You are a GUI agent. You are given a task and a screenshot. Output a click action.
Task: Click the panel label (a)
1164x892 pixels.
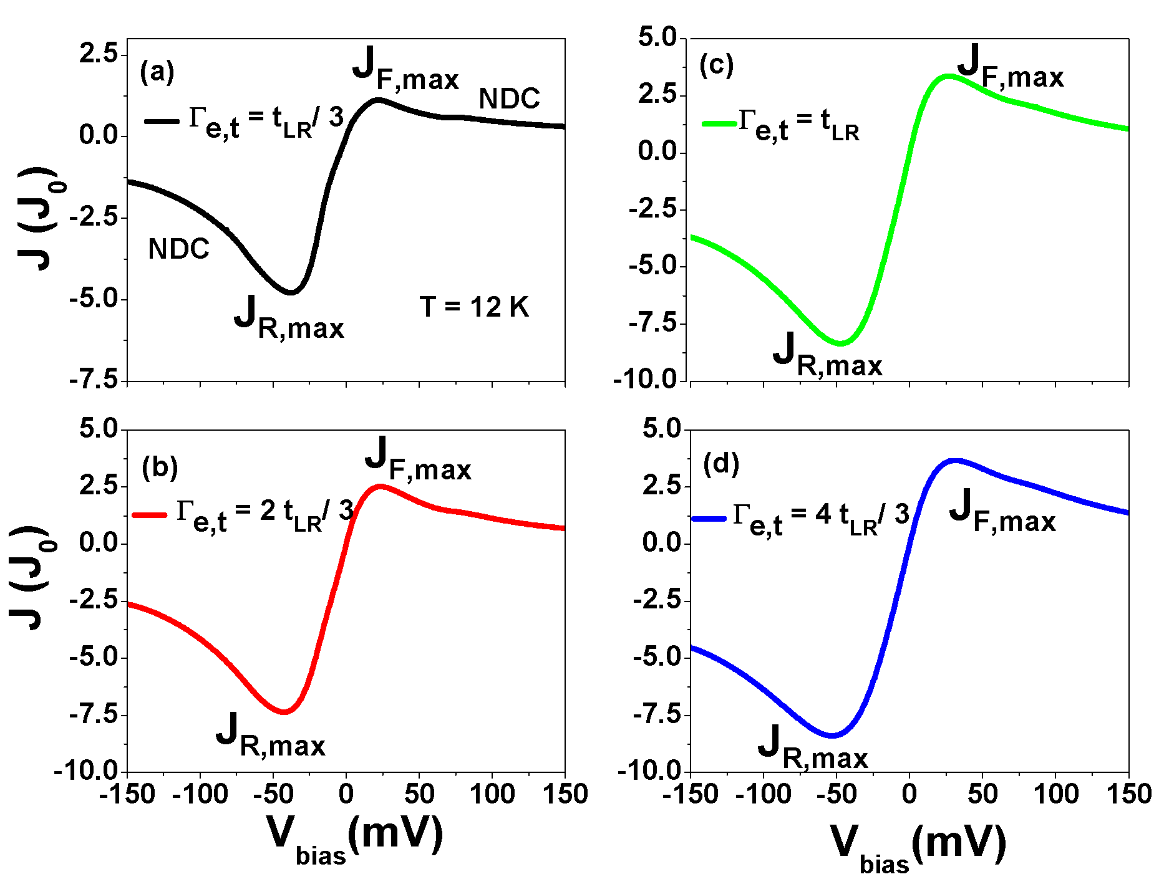click(157, 72)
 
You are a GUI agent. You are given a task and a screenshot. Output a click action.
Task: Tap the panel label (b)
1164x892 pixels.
click(160, 468)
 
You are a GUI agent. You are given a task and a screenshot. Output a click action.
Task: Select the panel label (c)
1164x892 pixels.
click(716, 65)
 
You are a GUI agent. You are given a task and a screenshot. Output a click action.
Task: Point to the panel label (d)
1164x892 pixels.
click(720, 464)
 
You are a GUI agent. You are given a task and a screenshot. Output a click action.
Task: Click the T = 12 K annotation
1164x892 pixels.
click(474, 307)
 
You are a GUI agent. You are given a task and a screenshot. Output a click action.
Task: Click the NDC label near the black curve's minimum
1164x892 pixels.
click(178, 249)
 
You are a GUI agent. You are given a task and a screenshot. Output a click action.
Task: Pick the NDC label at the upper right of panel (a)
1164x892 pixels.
click(509, 98)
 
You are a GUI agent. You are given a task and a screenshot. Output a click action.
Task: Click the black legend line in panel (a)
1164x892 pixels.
click(162, 120)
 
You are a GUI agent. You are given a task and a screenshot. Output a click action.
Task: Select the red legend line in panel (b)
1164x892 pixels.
click(150, 515)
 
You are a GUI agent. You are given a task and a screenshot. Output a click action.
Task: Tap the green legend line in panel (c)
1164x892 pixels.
click(719, 123)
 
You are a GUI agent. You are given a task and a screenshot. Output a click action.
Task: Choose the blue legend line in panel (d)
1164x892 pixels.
click(709, 519)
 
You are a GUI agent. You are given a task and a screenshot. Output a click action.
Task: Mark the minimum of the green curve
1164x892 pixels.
click(840, 343)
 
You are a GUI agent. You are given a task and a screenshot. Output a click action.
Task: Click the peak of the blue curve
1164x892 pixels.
click(955, 461)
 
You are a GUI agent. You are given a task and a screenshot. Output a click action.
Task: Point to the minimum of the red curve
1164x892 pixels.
click(284, 711)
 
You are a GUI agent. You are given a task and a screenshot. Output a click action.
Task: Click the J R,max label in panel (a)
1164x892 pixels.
click(289, 319)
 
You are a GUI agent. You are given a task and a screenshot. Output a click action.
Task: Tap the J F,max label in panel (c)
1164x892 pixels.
click(1010, 69)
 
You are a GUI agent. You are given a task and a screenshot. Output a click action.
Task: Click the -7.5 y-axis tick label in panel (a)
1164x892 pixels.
click(94, 380)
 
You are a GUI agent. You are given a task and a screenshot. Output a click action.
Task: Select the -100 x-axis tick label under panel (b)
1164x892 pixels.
click(201, 795)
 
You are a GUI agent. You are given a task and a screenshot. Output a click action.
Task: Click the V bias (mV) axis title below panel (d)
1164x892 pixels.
click(918, 846)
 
